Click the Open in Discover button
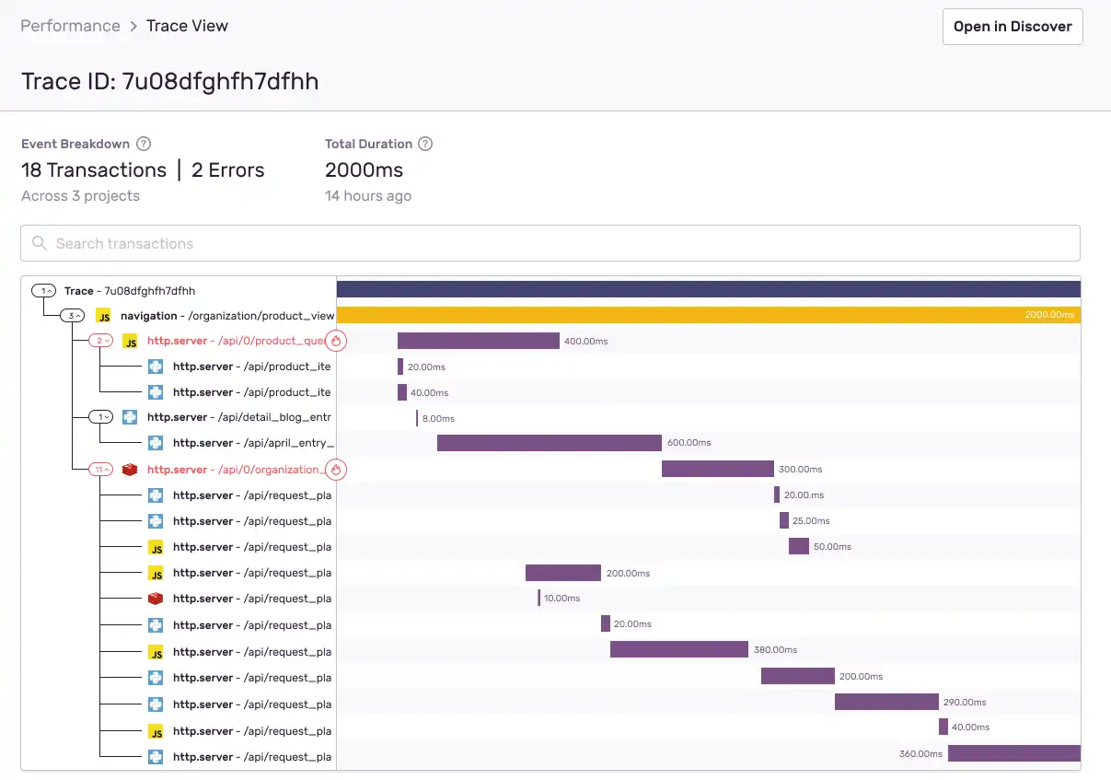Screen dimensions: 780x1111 click(x=1013, y=27)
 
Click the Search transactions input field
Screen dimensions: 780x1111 click(x=552, y=243)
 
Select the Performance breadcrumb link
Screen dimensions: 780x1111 click(x=71, y=26)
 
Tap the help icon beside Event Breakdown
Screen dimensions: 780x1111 click(x=144, y=144)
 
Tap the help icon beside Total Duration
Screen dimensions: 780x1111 click(x=424, y=144)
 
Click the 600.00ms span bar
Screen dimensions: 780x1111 click(x=549, y=443)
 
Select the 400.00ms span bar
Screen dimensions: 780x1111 click(x=478, y=341)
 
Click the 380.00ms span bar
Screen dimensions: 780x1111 click(x=678, y=650)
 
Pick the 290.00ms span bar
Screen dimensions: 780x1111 click(x=885, y=702)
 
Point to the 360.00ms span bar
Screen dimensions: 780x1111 click(x=1013, y=753)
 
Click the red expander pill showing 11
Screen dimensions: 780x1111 click(x=100, y=470)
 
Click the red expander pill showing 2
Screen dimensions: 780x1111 click(x=100, y=341)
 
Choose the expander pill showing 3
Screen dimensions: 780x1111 click(x=73, y=316)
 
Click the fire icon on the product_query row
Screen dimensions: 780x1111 click(x=336, y=341)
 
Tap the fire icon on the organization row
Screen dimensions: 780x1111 click(x=336, y=470)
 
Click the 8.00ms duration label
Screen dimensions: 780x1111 click(x=438, y=418)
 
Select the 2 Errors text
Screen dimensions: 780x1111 click(x=227, y=170)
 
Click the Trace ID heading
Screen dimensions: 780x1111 click(x=169, y=82)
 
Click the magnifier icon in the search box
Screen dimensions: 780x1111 click(x=40, y=243)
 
